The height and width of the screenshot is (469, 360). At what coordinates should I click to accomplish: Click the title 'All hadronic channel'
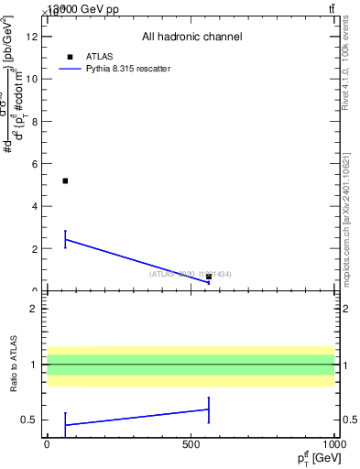point(191,38)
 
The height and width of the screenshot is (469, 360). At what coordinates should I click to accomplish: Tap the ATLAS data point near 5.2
point(65,180)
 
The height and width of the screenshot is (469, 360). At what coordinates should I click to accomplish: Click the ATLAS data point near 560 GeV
point(209,277)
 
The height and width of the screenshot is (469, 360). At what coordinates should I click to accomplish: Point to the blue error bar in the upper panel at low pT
point(65,239)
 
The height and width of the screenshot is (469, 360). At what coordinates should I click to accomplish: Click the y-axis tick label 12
point(32,37)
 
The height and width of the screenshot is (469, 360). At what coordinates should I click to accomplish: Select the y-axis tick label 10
point(32,79)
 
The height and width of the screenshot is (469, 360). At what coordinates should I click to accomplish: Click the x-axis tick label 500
point(191,444)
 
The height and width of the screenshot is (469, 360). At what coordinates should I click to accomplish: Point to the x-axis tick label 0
point(47,444)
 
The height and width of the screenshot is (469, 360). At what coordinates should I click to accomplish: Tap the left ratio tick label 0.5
point(30,420)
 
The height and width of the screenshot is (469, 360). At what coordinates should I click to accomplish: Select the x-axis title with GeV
point(314,457)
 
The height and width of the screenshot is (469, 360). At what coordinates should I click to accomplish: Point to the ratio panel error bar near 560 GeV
point(209,409)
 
